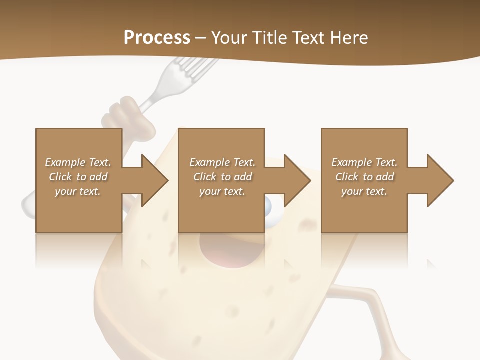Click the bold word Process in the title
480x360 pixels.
[157, 37]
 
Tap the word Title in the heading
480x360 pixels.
[270, 37]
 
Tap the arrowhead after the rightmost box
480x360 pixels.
[439, 180]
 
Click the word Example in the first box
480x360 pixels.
[65, 162]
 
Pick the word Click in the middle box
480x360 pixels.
[204, 177]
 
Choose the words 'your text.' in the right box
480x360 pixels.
[364, 191]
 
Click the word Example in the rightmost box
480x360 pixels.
[351, 162]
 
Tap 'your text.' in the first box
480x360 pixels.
[77, 191]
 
